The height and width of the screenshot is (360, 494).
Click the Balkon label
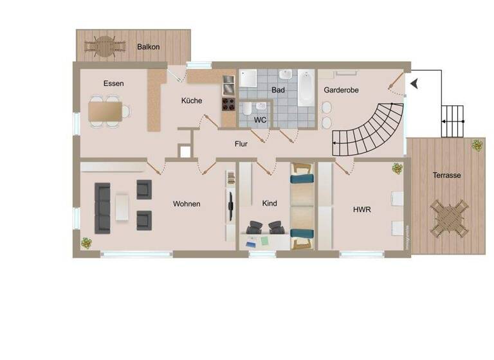[x=148, y=47]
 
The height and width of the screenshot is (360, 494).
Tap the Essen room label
[x=113, y=84]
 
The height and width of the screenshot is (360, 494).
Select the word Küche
[x=191, y=101]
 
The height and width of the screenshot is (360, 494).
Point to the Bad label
[x=278, y=91]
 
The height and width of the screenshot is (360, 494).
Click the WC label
[x=260, y=120]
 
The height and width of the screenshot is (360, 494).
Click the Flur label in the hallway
[x=241, y=144]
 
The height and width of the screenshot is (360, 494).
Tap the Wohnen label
[x=187, y=204]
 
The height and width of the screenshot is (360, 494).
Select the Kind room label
[x=270, y=204]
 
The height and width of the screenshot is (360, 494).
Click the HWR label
[x=361, y=210]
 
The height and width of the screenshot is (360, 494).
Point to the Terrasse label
[x=446, y=175]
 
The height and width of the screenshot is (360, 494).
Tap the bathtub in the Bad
[x=306, y=92]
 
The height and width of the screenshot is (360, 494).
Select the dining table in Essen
[x=106, y=112]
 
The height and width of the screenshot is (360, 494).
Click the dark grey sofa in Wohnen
[x=102, y=208]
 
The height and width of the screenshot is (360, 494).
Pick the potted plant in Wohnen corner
[x=86, y=243]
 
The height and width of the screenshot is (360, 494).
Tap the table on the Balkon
[x=103, y=45]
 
